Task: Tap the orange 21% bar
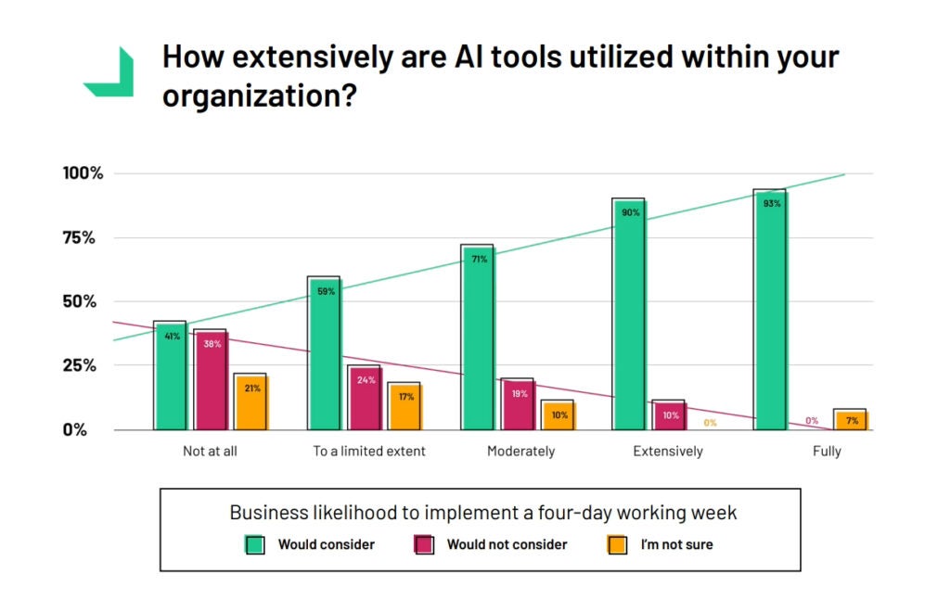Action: (250, 402)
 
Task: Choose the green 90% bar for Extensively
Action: (629, 315)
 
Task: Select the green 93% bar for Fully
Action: (769, 311)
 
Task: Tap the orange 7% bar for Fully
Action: (850, 420)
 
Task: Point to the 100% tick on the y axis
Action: (83, 173)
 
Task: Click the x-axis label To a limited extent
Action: (369, 452)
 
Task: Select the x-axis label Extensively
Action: (668, 452)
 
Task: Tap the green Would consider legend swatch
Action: (255, 544)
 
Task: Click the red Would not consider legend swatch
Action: (423, 544)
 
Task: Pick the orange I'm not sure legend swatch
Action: (617, 544)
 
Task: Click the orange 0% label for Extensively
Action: (710, 423)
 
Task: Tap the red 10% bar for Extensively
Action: (670, 415)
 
